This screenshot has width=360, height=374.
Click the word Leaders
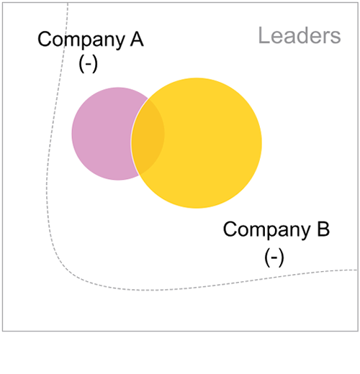300,35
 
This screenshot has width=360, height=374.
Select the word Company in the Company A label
81,40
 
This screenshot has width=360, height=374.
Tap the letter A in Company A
137,39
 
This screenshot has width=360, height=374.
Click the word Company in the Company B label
266,230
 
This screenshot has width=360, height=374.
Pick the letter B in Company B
323,229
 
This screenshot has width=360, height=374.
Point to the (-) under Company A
88,64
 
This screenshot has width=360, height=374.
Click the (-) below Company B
274,257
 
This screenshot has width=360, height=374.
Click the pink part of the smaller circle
103,134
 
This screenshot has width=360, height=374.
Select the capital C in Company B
230,229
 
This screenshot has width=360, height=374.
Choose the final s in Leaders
336,38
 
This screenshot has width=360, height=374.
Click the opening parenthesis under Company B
267,258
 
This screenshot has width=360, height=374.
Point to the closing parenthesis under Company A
95,64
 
